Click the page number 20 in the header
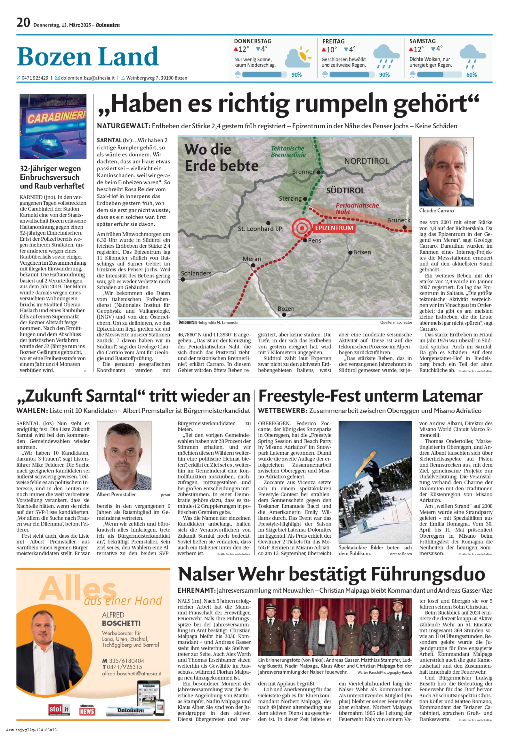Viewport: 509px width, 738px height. (x=23, y=23)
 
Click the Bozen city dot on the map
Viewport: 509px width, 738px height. (x=284, y=315)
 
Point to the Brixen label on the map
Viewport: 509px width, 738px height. (x=362, y=252)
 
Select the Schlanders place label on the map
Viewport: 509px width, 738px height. (x=196, y=273)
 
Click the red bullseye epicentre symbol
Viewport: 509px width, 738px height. (x=301, y=228)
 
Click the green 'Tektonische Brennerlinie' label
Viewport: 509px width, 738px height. (x=288, y=151)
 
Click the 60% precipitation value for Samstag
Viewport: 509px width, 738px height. (x=472, y=75)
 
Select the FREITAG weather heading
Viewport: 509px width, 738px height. (x=333, y=42)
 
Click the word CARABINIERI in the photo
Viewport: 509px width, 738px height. (x=56, y=117)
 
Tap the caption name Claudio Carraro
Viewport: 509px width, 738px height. (x=436, y=211)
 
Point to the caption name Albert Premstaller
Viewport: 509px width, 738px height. (x=116, y=494)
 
